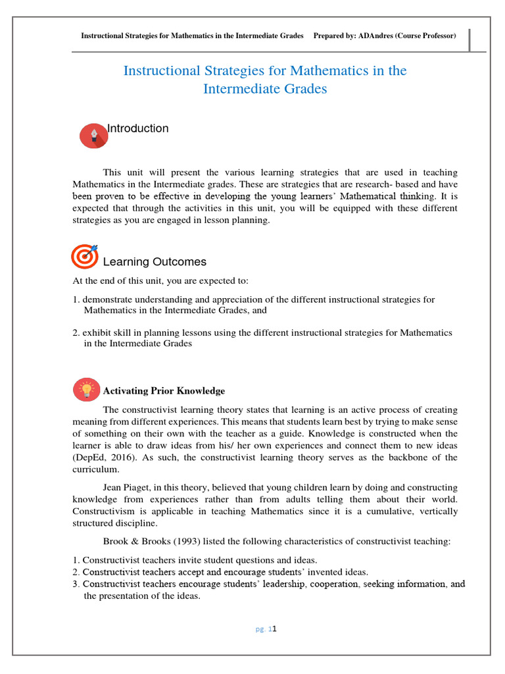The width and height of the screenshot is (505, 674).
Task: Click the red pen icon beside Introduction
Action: pyautogui.click(x=94, y=136)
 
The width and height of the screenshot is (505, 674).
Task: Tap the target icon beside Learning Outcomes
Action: pyautogui.click(x=84, y=257)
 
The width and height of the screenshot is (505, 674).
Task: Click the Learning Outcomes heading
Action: pyautogui.click(x=155, y=262)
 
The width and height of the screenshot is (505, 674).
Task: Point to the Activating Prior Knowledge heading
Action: pyautogui.click(x=164, y=391)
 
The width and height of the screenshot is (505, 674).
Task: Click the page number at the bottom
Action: pyautogui.click(x=270, y=629)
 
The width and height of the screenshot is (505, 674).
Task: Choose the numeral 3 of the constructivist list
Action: pyautogui.click(x=76, y=584)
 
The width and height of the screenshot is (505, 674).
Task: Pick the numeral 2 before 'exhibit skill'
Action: pyautogui.click(x=76, y=333)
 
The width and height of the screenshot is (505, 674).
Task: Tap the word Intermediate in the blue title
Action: pyautogui.click(x=239, y=88)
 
